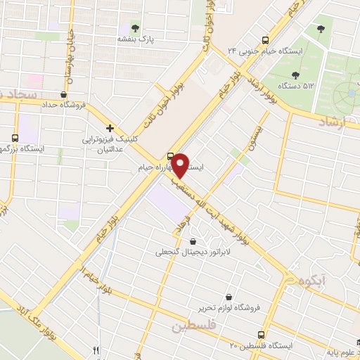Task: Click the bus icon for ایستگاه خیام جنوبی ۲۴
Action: [x=265, y=39]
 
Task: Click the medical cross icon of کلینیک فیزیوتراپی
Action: [x=110, y=128]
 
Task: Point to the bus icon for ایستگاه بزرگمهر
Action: [x=15, y=138]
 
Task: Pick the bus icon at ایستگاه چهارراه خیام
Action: [x=171, y=155]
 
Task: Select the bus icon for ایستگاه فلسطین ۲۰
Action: [x=261, y=335]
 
